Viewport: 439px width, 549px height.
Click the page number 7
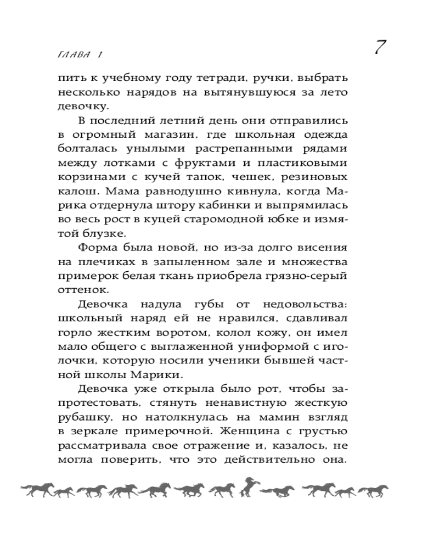(x=381, y=48)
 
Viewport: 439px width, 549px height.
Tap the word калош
(x=75, y=192)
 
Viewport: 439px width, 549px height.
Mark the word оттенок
(x=78, y=292)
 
